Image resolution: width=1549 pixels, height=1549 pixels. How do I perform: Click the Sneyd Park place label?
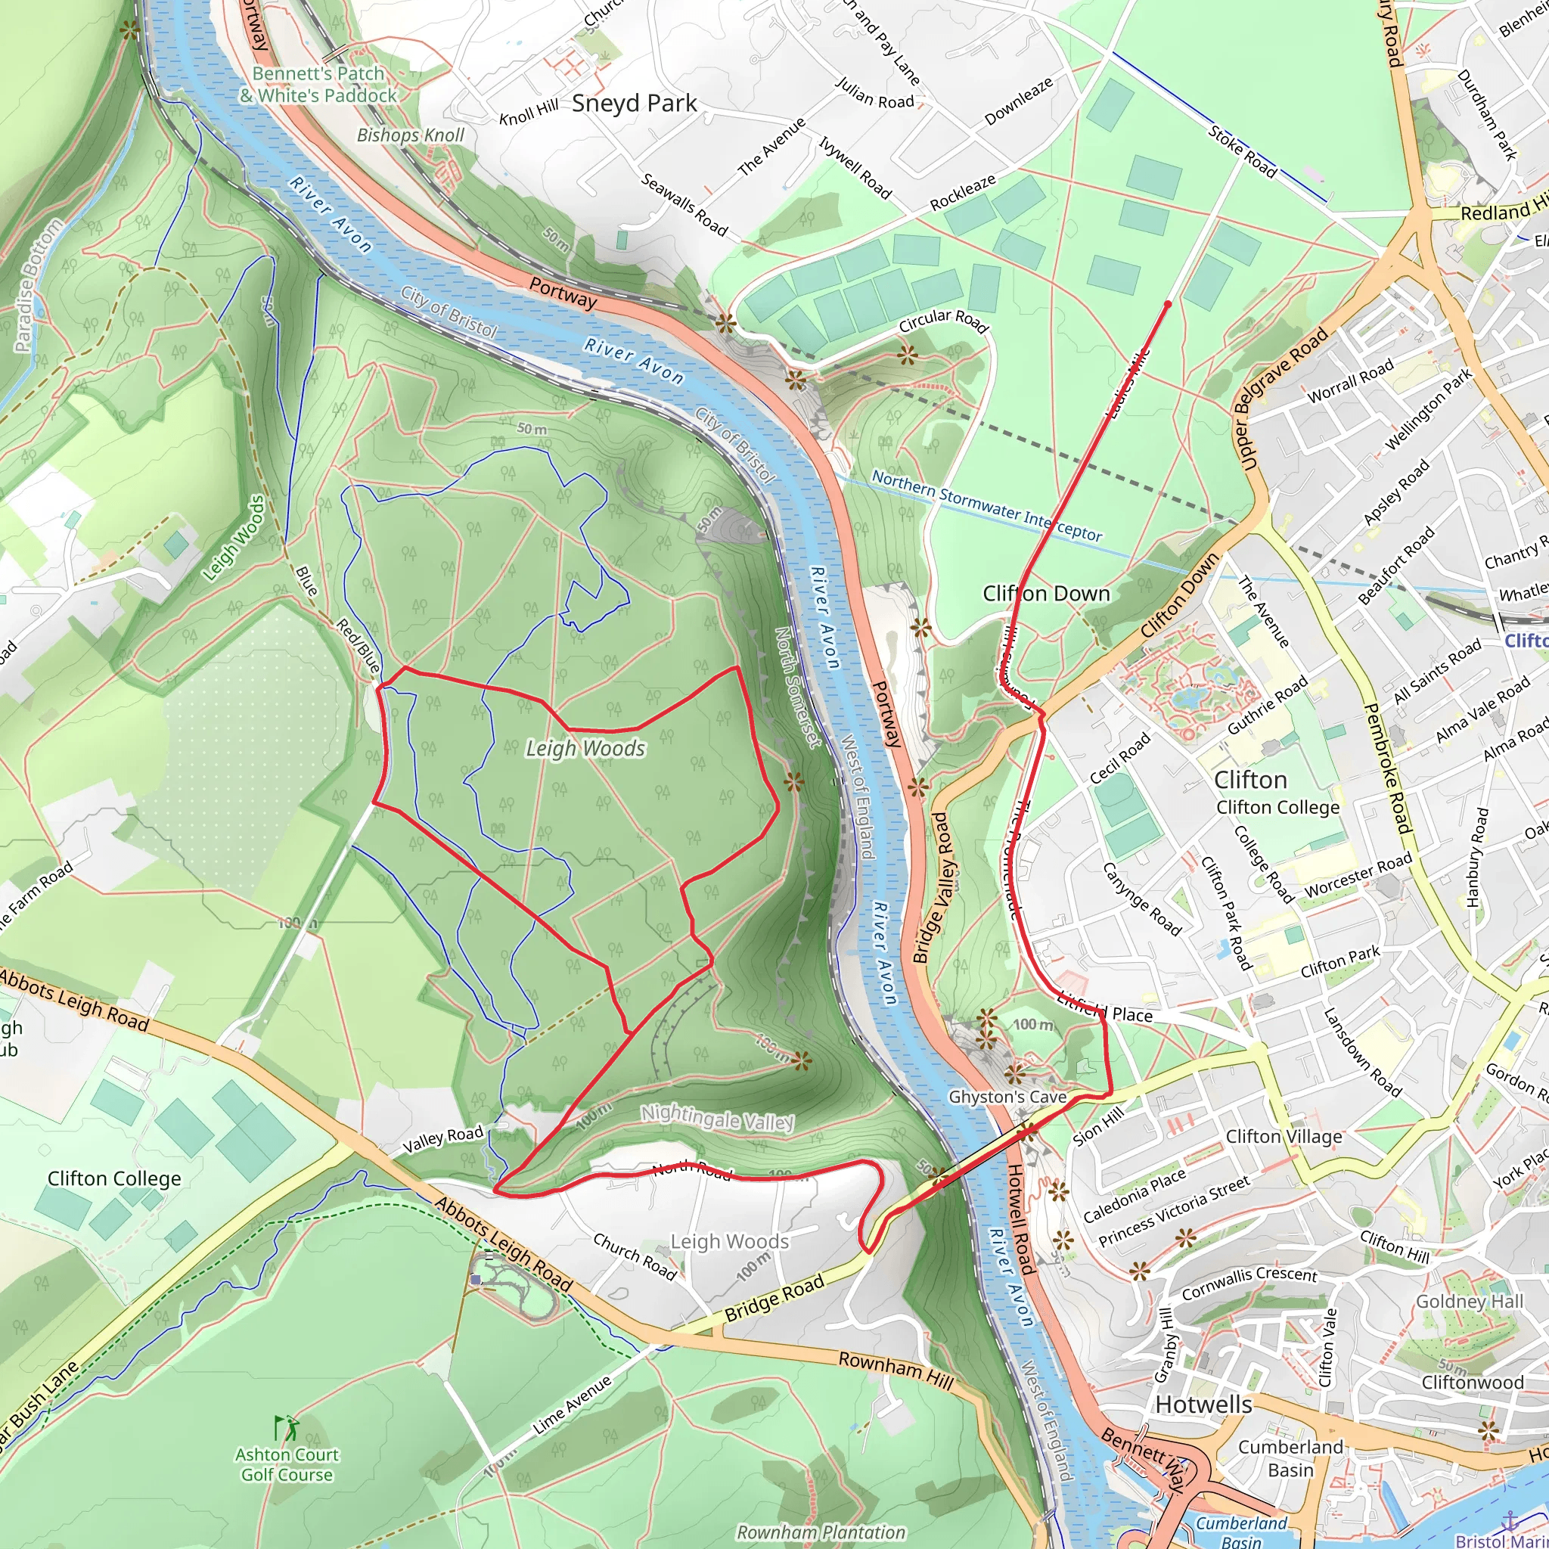[x=634, y=104]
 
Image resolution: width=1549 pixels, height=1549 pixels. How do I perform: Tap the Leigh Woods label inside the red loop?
[x=585, y=749]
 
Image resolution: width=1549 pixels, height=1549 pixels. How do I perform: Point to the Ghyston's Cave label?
[x=1007, y=1097]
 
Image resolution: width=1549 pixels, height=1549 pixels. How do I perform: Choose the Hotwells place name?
[x=1203, y=1405]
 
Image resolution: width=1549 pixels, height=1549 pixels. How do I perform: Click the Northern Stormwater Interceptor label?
[x=986, y=505]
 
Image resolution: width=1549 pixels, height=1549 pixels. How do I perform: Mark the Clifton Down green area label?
[x=1046, y=593]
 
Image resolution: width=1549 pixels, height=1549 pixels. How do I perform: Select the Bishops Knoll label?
[x=411, y=135]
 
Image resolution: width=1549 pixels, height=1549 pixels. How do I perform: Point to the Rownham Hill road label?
[x=896, y=1370]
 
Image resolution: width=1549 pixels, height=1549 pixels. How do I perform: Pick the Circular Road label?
[x=944, y=320]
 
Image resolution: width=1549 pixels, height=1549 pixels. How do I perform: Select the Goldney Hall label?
[x=1469, y=1301]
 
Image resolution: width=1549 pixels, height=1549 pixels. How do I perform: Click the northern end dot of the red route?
[x=1167, y=305]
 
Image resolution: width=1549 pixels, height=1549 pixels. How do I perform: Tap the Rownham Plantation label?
[x=821, y=1532]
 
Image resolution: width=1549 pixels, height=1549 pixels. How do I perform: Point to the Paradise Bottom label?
[x=38, y=285]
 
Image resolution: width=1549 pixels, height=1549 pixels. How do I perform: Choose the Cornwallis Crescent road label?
[x=1249, y=1283]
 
